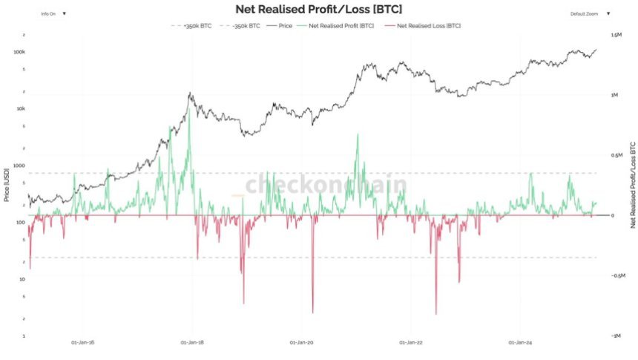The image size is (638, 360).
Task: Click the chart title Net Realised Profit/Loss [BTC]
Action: (318, 10)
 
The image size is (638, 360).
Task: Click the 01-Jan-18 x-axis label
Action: (193, 343)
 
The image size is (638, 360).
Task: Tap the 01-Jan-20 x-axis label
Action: (301, 343)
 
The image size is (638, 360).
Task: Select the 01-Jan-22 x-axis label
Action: (410, 343)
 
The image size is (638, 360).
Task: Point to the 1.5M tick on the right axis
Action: (616, 35)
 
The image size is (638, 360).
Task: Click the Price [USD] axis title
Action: (6, 186)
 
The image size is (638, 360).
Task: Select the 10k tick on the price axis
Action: (20, 109)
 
